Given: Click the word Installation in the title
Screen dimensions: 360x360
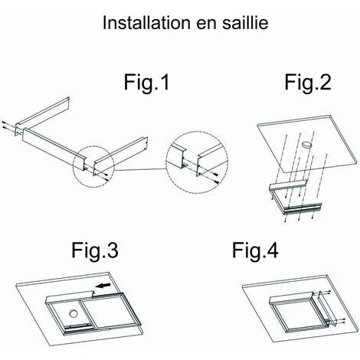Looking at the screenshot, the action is click(x=146, y=22).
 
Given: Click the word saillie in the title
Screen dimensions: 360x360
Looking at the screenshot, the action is click(x=245, y=22).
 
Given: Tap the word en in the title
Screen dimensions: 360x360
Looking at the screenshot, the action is click(x=206, y=25).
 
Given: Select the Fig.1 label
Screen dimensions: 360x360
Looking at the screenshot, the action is click(x=146, y=82).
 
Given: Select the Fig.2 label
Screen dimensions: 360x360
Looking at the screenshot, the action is click(x=308, y=82).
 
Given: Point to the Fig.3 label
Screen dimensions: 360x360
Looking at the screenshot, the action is click(x=95, y=250).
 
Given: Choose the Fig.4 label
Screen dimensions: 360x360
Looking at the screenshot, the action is click(x=255, y=250).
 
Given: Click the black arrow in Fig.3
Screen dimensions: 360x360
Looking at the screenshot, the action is click(x=104, y=285).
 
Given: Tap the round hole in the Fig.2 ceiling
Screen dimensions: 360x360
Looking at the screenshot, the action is click(x=306, y=145).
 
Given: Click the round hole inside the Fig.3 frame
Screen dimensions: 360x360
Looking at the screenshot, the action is click(x=74, y=313).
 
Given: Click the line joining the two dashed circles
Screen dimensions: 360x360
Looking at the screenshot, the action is click(x=139, y=169).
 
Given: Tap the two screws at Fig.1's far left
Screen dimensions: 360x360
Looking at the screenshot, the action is click(x=4, y=124).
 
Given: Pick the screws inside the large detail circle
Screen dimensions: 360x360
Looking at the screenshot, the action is click(x=217, y=178).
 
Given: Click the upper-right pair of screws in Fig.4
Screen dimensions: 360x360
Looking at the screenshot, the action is click(x=329, y=293).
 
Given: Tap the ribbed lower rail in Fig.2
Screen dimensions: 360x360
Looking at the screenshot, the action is click(x=302, y=208).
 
